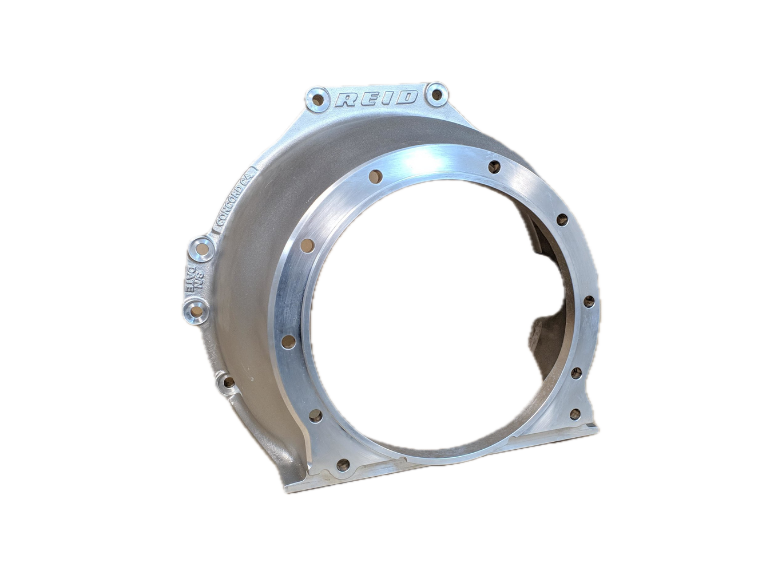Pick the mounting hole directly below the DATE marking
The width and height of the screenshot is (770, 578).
point(196,312)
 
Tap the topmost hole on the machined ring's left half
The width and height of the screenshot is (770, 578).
point(376,175)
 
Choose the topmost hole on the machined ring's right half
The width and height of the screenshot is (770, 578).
point(494,167)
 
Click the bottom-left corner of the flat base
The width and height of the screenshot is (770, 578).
point(284,492)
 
